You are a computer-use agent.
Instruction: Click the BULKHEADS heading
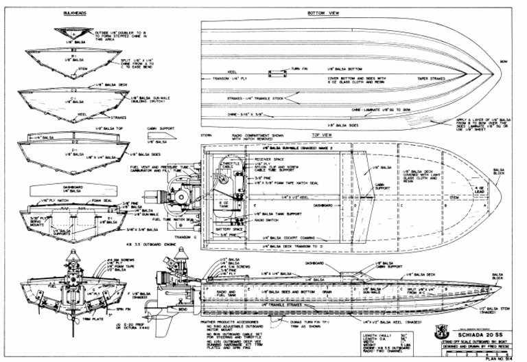click(x=74, y=12)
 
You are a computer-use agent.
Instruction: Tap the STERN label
click(x=207, y=136)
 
